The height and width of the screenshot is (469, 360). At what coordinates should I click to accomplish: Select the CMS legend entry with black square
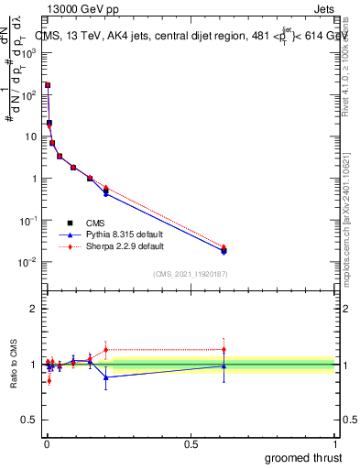click(x=95, y=223)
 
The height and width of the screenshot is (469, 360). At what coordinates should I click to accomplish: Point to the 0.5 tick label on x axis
click(x=191, y=444)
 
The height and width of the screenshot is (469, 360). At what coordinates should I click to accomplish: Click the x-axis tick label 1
click(x=336, y=444)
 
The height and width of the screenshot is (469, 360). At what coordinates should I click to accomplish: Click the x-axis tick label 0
click(x=47, y=444)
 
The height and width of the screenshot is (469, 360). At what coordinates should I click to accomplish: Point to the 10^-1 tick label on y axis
click(x=29, y=221)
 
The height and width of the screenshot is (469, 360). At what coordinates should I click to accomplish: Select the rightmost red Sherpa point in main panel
click(x=224, y=247)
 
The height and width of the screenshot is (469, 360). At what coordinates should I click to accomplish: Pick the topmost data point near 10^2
click(x=47, y=85)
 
